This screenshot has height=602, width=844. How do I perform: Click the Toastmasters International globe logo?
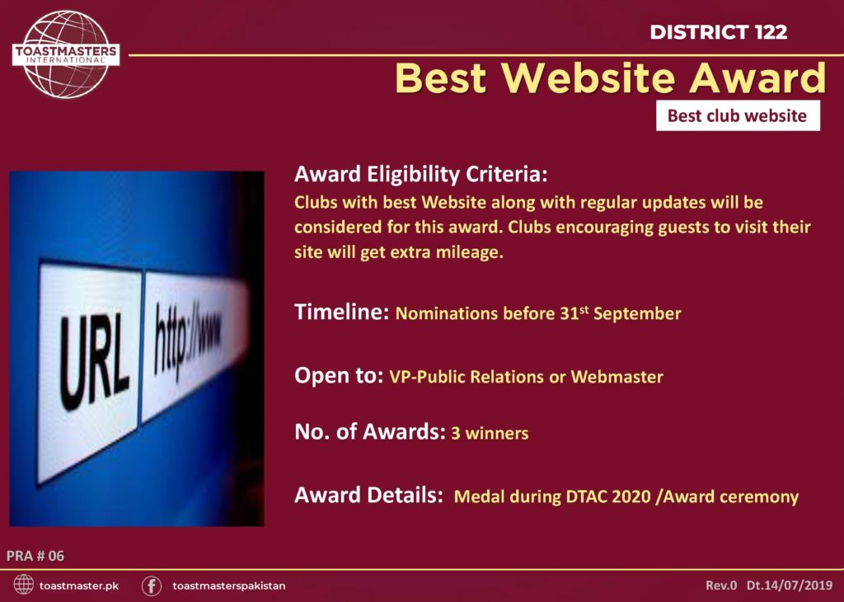click(66, 54)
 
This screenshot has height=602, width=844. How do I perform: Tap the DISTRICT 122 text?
click(719, 32)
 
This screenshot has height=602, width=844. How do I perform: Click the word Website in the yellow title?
click(588, 78)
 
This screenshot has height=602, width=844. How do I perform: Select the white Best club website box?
click(738, 115)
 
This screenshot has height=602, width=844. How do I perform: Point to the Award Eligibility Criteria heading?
click(421, 175)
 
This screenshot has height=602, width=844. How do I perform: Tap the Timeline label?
click(342, 312)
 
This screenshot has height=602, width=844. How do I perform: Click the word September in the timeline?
click(637, 313)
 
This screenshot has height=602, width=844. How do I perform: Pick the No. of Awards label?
click(370, 431)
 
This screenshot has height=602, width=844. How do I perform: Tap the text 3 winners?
click(490, 433)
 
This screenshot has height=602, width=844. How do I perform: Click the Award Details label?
click(368, 495)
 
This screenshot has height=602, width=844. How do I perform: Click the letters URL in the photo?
click(94, 362)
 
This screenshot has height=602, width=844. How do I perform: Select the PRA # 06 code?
click(35, 556)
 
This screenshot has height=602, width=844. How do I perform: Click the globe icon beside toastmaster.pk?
click(23, 585)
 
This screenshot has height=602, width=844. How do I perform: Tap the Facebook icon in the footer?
click(152, 586)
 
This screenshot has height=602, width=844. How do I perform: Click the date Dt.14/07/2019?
click(790, 586)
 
